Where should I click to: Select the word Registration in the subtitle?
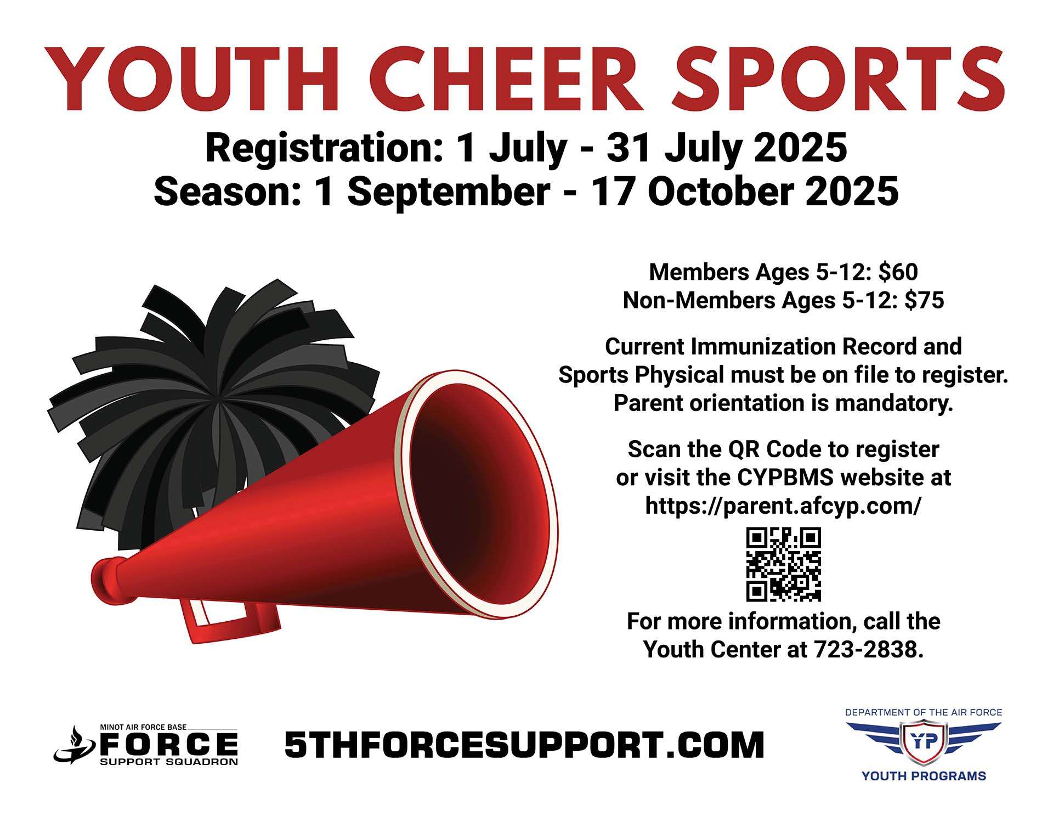[324, 149]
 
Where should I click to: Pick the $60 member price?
[898, 272]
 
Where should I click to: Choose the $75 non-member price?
[924, 300]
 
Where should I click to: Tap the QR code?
[783, 564]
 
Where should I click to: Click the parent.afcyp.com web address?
[783, 506]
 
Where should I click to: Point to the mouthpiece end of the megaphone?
[104, 579]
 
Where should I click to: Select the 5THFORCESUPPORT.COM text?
[524, 745]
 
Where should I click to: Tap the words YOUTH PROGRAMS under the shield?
[924, 776]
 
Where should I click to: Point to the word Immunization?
[763, 347]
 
